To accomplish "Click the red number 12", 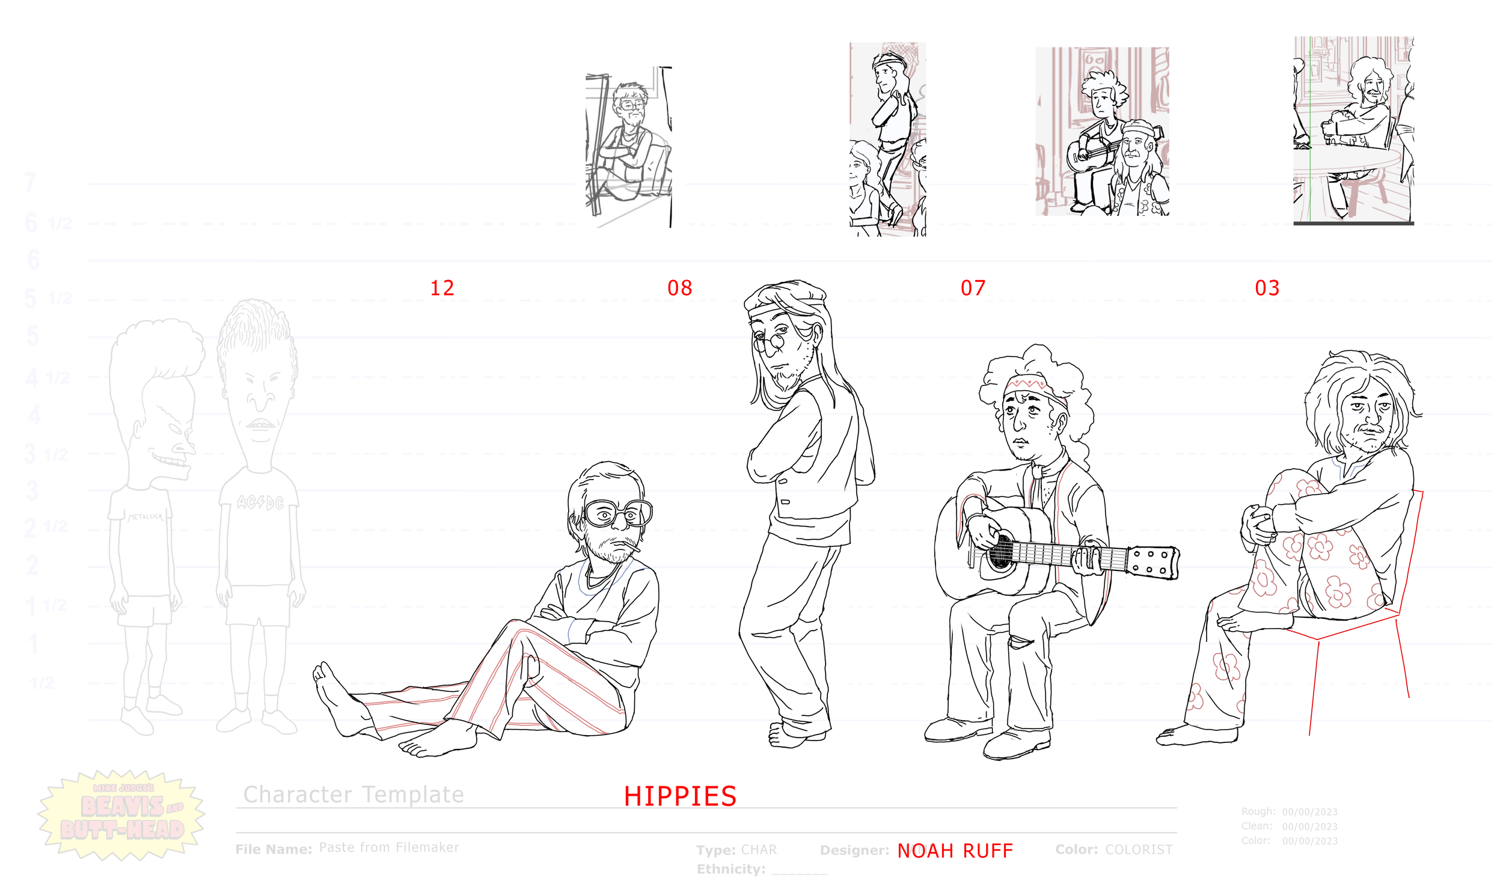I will pyautogui.click(x=442, y=288).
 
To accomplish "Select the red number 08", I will pyautogui.click(x=679, y=288).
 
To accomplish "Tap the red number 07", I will pyautogui.click(x=973, y=288).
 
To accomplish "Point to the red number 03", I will pyautogui.click(x=1267, y=288).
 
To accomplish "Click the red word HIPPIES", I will pyautogui.click(x=680, y=796).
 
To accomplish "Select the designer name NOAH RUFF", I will pyautogui.click(x=955, y=851).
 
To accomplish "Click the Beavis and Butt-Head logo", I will pyautogui.click(x=122, y=814).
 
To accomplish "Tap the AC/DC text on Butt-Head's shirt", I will pyautogui.click(x=260, y=502).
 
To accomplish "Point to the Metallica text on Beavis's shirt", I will pyautogui.click(x=145, y=516).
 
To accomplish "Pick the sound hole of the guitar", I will pyautogui.click(x=1000, y=551).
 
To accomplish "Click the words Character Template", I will pyautogui.click(x=354, y=795).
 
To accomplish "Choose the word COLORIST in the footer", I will pyautogui.click(x=1139, y=849).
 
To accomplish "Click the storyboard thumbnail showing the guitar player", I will pyautogui.click(x=1102, y=131).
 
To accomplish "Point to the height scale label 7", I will pyautogui.click(x=31, y=183).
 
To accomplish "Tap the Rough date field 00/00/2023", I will pyautogui.click(x=1309, y=812).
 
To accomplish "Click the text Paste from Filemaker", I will pyautogui.click(x=388, y=848).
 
